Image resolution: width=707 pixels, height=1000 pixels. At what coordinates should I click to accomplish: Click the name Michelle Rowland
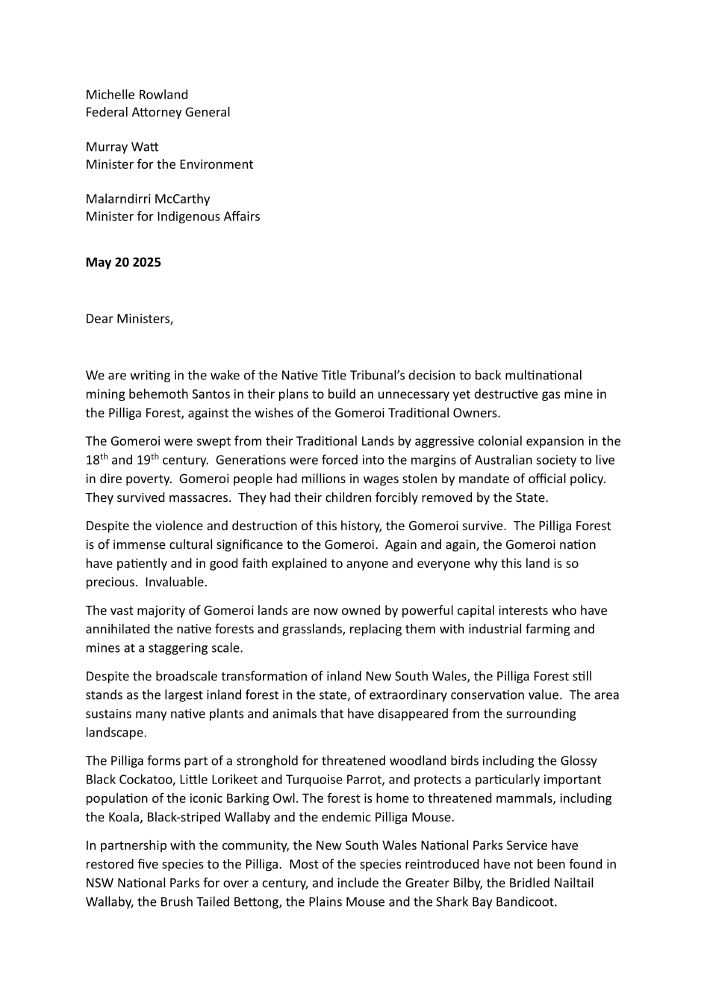pos(137,95)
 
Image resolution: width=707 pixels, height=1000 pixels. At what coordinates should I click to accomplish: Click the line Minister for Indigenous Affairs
pos(173,216)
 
